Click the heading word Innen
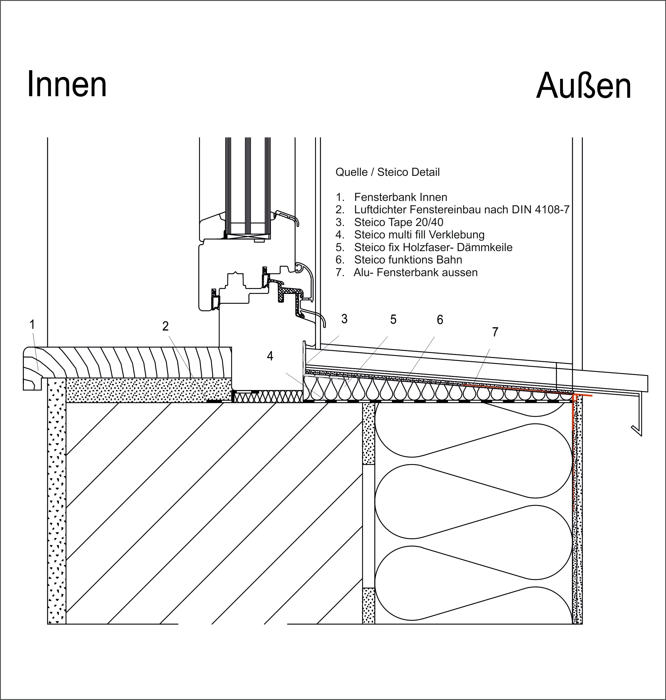tap(67, 84)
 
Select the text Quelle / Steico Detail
tap(387, 172)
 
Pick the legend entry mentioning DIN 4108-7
tap(452, 210)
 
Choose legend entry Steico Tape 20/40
tap(389, 222)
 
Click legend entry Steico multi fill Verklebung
tap(410, 235)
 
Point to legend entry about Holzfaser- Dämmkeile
tap(424, 247)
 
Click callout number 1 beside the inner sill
tap(32, 324)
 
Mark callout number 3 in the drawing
tap(344, 319)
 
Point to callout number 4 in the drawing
tap(270, 356)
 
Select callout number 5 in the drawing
tap(393, 320)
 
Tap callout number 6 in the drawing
tap(440, 320)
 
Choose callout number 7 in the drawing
tap(495, 332)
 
